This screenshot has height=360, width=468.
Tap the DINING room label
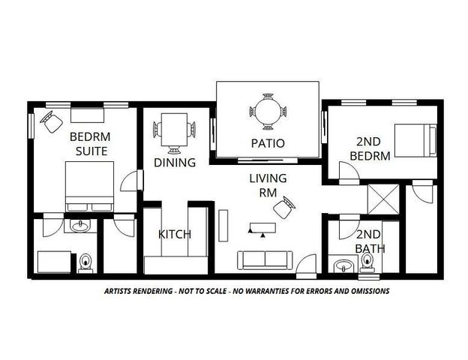click(x=175, y=163)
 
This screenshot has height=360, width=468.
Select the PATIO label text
click(x=267, y=143)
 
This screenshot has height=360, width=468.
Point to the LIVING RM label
click(x=268, y=184)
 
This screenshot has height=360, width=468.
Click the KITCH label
click(x=174, y=234)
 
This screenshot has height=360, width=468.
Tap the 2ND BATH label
click(x=369, y=241)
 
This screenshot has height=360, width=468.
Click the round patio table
click(x=267, y=113)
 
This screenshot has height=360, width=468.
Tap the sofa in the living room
click(x=265, y=259)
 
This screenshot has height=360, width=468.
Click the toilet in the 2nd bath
click(x=367, y=261)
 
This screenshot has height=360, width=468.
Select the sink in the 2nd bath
click(x=344, y=265)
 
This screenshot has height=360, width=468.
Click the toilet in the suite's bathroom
click(x=85, y=262)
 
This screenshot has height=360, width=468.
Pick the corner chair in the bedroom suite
click(x=51, y=121)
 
